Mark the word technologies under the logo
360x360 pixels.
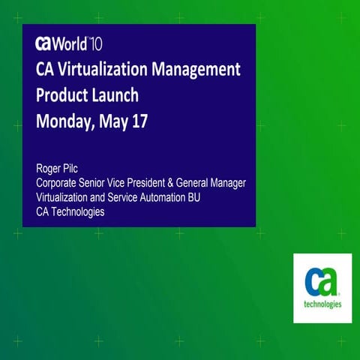(x=322, y=304)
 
